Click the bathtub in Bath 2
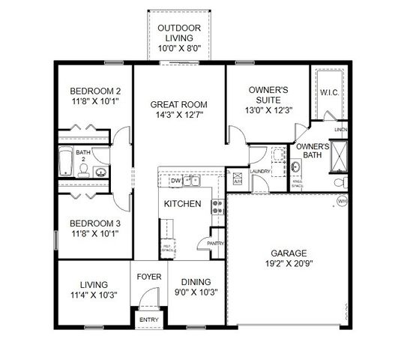tap(65, 161)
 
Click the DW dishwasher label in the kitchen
tap(175, 181)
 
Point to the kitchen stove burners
tap(218, 206)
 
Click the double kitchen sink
tap(193, 180)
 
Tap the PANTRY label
tap(216, 243)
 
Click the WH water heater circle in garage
tap(342, 201)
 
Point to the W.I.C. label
tap(330, 92)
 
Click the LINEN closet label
tap(341, 130)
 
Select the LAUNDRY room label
tap(261, 172)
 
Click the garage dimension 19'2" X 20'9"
tap(289, 264)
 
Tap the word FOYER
tap(149, 277)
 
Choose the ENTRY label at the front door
tap(148, 320)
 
